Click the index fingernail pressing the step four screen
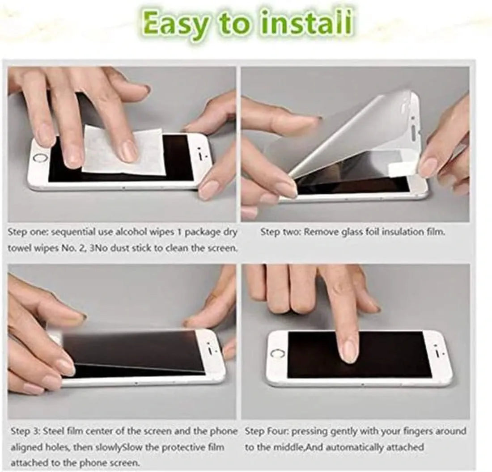(348, 352)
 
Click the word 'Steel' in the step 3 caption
(52, 431)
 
